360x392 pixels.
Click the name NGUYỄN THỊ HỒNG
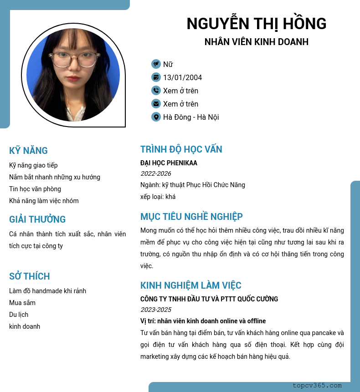pyautogui.click(x=257, y=24)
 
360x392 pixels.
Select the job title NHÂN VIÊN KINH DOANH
pyautogui.click(x=257, y=42)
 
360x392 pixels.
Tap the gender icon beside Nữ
pyautogui.click(x=156, y=64)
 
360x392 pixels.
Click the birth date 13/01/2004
pyautogui.click(x=182, y=77)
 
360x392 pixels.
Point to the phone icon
pyautogui.click(x=156, y=91)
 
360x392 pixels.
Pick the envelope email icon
pyautogui.click(x=156, y=104)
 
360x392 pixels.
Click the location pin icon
pyautogui.click(x=156, y=117)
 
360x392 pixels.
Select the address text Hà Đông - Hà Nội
pyautogui.click(x=191, y=117)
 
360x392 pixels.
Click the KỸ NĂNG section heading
pyautogui.click(x=28, y=151)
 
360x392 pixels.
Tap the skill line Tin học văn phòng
pyautogui.click(x=35, y=189)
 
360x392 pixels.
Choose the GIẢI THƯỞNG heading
pyautogui.click(x=37, y=219)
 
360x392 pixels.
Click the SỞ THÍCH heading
pyautogui.click(x=30, y=276)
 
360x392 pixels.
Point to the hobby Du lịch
pyautogui.click(x=19, y=315)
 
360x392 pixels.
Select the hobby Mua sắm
pyautogui.click(x=22, y=303)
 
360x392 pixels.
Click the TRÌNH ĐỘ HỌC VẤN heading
pyautogui.click(x=181, y=149)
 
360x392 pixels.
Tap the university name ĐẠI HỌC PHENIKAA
pyautogui.click(x=169, y=163)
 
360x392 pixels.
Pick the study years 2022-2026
pyautogui.click(x=156, y=173)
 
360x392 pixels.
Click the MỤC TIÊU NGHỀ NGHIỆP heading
pyautogui.click(x=191, y=216)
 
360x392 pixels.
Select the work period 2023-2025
pyautogui.click(x=156, y=310)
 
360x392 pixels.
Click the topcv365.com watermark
pyautogui.click(x=317, y=386)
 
